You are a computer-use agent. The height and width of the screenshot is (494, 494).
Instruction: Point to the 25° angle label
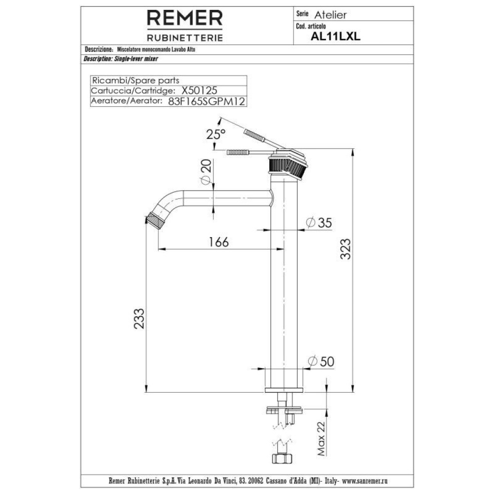pos(216,133)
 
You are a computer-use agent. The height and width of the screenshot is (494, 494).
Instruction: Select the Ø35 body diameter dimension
pos(319,223)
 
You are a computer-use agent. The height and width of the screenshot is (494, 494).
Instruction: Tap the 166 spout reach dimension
pos(218,242)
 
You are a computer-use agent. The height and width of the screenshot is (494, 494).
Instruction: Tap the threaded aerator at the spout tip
pos(156,220)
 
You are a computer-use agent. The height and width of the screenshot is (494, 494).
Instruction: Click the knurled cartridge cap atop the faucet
pos(287,165)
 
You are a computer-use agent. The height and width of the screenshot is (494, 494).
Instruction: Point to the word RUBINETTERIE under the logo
pos(185,38)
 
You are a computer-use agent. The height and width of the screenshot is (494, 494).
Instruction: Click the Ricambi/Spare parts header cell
pos(136,81)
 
